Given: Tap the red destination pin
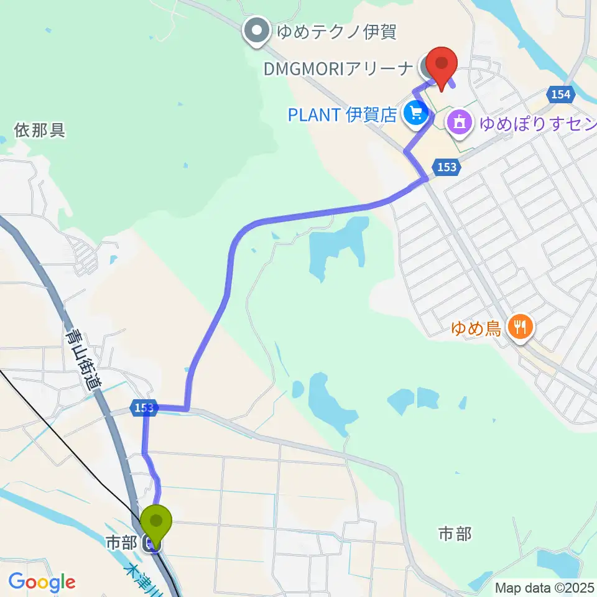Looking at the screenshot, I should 442,65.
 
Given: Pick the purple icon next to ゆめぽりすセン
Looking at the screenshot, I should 460,121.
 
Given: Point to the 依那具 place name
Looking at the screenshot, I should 40,131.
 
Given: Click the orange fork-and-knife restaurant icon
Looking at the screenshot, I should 519,326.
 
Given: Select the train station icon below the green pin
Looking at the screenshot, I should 151,544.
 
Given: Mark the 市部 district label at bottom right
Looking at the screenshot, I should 455,534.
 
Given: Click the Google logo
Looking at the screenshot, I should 42,582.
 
